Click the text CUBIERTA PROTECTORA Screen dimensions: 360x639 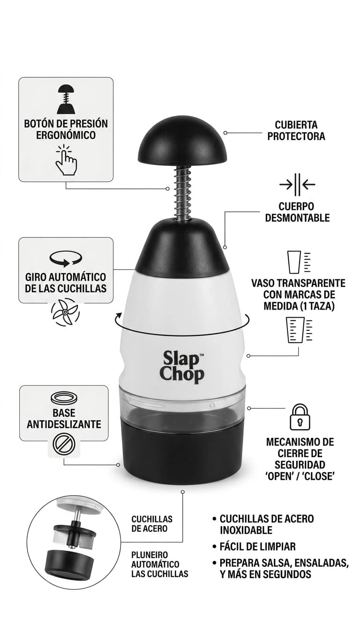pos(296,130)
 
